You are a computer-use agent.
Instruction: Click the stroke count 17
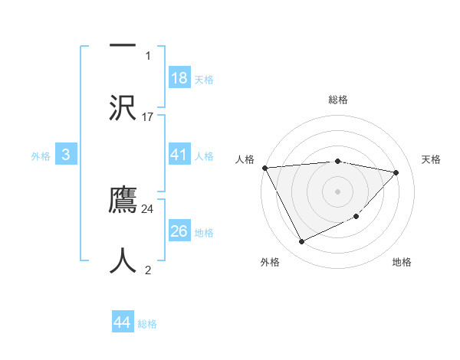148,117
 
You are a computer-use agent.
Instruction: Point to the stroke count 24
148,208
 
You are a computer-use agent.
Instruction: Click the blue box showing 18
179,78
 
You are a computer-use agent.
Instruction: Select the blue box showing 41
179,155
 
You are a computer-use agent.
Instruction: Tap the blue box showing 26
179,231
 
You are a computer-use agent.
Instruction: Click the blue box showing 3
66,155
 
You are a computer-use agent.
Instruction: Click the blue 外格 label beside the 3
41,155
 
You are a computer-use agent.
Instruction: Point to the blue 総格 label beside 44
147,324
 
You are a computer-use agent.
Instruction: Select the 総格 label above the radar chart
338,100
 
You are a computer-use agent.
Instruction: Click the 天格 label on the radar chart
432,159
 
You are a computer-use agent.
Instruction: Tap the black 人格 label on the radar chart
245,159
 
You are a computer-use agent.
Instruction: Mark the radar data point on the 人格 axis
264,168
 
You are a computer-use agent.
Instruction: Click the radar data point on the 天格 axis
396,172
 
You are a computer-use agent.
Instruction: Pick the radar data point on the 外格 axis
301,242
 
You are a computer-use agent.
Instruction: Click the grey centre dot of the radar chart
338,191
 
